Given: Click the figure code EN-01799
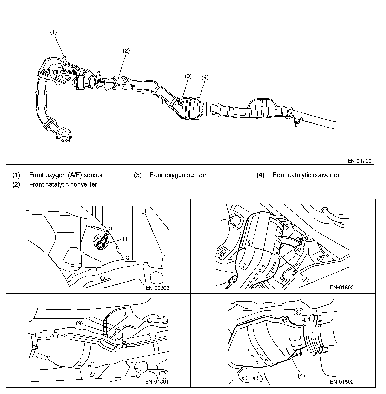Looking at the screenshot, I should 359,161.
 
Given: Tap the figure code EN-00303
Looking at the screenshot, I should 157,288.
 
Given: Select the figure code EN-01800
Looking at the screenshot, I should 342,287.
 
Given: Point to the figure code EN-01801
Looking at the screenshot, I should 157,382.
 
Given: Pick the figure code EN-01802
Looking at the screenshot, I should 342,382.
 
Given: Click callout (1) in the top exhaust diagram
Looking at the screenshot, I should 53,32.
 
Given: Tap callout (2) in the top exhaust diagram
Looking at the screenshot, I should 126,51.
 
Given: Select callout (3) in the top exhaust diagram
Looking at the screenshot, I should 188,76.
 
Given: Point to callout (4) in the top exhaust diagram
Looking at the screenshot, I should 205,78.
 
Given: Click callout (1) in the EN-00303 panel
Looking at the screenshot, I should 123,239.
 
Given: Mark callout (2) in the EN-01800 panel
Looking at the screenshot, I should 305,279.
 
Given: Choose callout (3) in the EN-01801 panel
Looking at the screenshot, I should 80,323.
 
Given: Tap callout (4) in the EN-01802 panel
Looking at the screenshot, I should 301,376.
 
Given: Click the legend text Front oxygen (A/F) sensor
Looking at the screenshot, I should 66,175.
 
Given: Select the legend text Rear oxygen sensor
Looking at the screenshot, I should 178,175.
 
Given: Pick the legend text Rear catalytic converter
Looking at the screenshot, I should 306,175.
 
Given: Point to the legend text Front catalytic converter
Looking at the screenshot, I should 63,184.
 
